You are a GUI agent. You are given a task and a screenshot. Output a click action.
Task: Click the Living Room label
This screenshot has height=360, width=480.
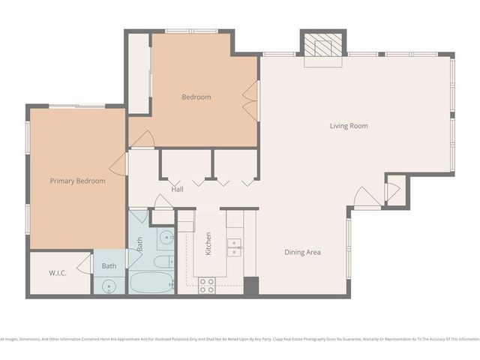pos(349,126)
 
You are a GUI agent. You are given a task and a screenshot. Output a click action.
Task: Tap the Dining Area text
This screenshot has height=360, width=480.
pos(302,252)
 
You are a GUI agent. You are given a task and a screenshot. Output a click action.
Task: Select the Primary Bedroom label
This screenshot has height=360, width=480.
pos(77,181)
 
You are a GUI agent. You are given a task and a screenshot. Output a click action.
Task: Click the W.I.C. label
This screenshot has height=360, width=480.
pos(58,272)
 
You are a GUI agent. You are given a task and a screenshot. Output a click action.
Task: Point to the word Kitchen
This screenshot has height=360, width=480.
pos(208,244)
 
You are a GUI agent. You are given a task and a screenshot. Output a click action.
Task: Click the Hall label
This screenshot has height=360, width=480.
pos(178,189)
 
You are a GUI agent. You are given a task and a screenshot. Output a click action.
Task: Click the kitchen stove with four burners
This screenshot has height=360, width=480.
pos(207,285)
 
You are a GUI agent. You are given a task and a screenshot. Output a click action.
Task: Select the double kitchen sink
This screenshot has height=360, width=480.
pos(234,247)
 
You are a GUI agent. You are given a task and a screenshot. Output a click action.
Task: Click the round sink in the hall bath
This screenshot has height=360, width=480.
pos(166,237)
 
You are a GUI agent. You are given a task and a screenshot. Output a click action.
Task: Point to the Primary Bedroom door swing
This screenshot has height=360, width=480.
pos(118,166)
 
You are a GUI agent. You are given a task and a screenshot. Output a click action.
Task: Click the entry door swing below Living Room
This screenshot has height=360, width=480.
pos(367,199)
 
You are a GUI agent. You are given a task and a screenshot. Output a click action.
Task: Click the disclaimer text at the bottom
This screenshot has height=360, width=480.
pos(240,339)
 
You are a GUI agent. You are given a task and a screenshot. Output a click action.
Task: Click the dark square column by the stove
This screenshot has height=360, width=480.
pos(251,286)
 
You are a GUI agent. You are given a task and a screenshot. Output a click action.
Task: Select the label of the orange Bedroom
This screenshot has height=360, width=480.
pos(196,97)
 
